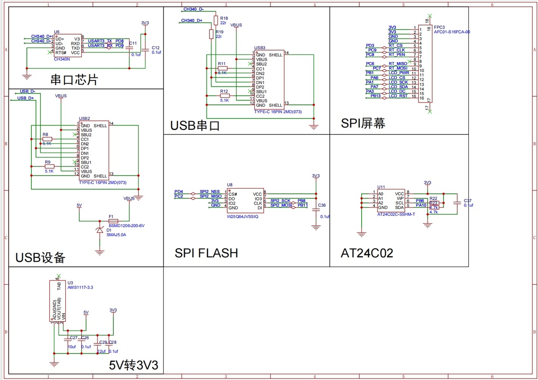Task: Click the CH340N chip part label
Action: coord(62,59)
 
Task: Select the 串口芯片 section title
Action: coord(74,79)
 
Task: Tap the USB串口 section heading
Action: coord(195,126)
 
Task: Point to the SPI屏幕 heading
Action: coord(363,123)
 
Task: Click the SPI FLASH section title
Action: coord(206,253)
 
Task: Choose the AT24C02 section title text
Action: coord(367,253)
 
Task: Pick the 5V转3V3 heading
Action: coord(134,366)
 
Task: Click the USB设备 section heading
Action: coord(40,258)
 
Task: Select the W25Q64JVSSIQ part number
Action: coord(243,217)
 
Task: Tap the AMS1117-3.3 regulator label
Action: coord(80,287)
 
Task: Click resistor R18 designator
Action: coord(224,18)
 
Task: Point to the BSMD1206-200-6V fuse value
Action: coord(126,225)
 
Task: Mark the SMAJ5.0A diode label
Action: coord(116,235)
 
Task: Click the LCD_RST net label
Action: coord(398,96)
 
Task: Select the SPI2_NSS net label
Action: coord(210,191)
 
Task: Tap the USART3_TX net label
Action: coord(100,41)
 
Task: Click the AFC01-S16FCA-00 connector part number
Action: coord(452,32)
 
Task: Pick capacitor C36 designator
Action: coord(321,205)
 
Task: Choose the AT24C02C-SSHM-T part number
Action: coord(396,215)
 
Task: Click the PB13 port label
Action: coord(375,96)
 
